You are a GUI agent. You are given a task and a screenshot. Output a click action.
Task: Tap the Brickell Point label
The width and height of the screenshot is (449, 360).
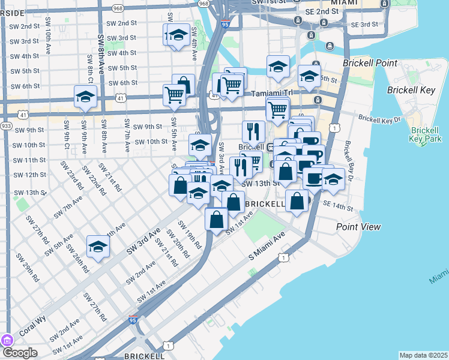[370, 63]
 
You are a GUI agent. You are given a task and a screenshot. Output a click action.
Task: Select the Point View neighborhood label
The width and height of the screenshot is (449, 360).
[358, 227]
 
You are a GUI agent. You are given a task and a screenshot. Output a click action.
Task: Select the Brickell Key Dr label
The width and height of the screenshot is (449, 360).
[380, 118]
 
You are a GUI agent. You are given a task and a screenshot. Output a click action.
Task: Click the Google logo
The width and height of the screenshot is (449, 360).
[20, 353]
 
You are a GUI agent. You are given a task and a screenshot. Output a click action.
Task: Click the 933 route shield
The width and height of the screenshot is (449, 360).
[7, 126]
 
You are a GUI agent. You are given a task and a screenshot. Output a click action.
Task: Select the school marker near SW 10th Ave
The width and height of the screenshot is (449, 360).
[86, 97]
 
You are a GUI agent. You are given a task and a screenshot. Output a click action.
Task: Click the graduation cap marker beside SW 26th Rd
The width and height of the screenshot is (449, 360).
[98, 246]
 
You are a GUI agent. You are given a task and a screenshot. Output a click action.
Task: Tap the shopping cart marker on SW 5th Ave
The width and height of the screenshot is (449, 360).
[174, 94]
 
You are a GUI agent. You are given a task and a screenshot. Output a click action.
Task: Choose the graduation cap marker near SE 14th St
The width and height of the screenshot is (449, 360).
[333, 179]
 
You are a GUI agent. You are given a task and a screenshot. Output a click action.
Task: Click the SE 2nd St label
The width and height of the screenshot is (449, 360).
[322, 11]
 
